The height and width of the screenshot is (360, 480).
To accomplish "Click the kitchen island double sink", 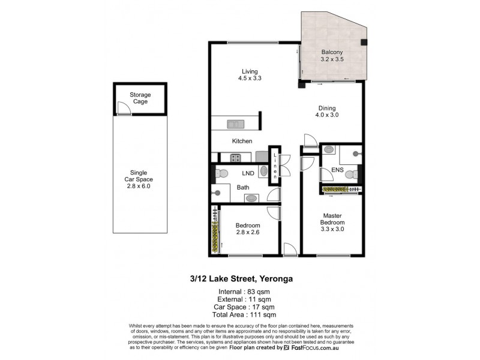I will pos(235,124).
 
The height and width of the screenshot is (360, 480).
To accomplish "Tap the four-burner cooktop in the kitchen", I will pos(236,158).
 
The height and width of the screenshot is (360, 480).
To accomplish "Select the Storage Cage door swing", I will pos(122,109).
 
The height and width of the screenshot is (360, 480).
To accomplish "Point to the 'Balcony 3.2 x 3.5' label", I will pos(332,56).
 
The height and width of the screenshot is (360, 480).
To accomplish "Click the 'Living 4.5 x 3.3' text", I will pos(245,73).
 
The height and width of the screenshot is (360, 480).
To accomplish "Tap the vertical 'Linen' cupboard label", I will pos(275,166).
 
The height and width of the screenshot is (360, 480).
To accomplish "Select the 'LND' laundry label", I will pos(248,174).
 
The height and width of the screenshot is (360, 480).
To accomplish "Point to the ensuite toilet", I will pos(355,175).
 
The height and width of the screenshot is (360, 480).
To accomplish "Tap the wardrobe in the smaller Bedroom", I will pos(214,231).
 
